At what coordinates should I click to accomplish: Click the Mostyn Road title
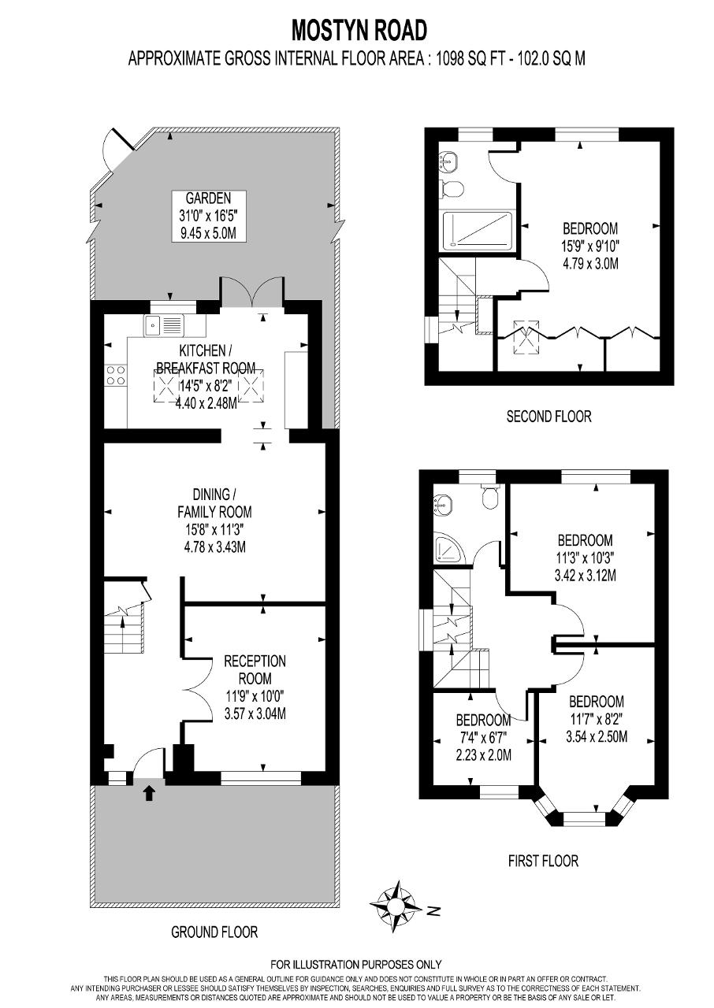359,31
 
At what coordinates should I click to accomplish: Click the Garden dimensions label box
208,217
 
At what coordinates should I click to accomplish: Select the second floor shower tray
478,231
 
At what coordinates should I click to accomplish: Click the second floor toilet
451,188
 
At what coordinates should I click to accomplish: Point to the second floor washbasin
448,161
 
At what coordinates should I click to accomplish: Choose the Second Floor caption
549,417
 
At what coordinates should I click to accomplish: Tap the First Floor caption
543,861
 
